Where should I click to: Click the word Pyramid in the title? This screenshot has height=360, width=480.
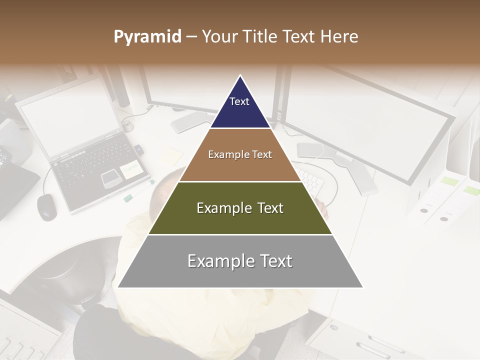pyautogui.click(x=147, y=37)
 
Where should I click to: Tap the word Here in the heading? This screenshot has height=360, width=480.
pyautogui.click(x=339, y=37)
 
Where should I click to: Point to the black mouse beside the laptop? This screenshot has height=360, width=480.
pyautogui.click(x=46, y=206)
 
